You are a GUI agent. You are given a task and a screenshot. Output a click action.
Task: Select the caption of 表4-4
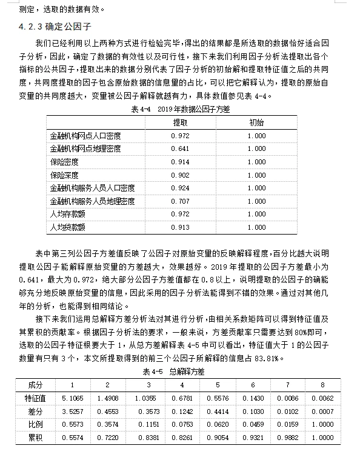tap(180, 110)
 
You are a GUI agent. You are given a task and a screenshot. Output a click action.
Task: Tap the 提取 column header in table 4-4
tap(180, 122)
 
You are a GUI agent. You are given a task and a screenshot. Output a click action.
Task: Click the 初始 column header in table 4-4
tap(256, 122)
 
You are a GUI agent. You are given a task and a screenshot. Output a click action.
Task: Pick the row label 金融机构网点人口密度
tap(85, 136)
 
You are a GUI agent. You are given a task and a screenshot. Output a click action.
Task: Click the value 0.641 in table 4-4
tap(180, 149)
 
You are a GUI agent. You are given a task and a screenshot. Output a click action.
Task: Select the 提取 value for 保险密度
tap(180, 162)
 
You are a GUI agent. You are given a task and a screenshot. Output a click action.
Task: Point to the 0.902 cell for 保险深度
tap(180, 175)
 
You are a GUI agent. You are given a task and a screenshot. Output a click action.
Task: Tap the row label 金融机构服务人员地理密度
tap(92, 201)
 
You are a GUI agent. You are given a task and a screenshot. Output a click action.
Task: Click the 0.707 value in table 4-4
tap(180, 201)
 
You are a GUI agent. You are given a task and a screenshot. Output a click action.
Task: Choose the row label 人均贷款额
tap(67, 228)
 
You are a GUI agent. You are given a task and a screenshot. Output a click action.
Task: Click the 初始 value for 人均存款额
tap(256, 215)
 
